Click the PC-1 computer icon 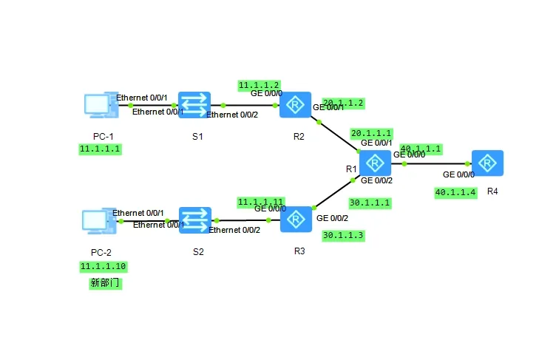pos(97,106)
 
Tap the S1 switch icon pos(194,105)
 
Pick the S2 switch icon pos(195,220)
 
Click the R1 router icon pos(375,163)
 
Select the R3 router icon pos(296,220)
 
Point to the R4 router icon pos(488,163)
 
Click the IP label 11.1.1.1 pos(101,149)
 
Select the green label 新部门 pos(104,282)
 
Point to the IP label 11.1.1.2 pos(259,85)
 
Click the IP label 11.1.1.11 pos(260,201)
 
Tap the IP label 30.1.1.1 pos(370,203)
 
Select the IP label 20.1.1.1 pos(371,133)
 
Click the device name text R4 pos(492,191)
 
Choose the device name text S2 pos(197,251)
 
